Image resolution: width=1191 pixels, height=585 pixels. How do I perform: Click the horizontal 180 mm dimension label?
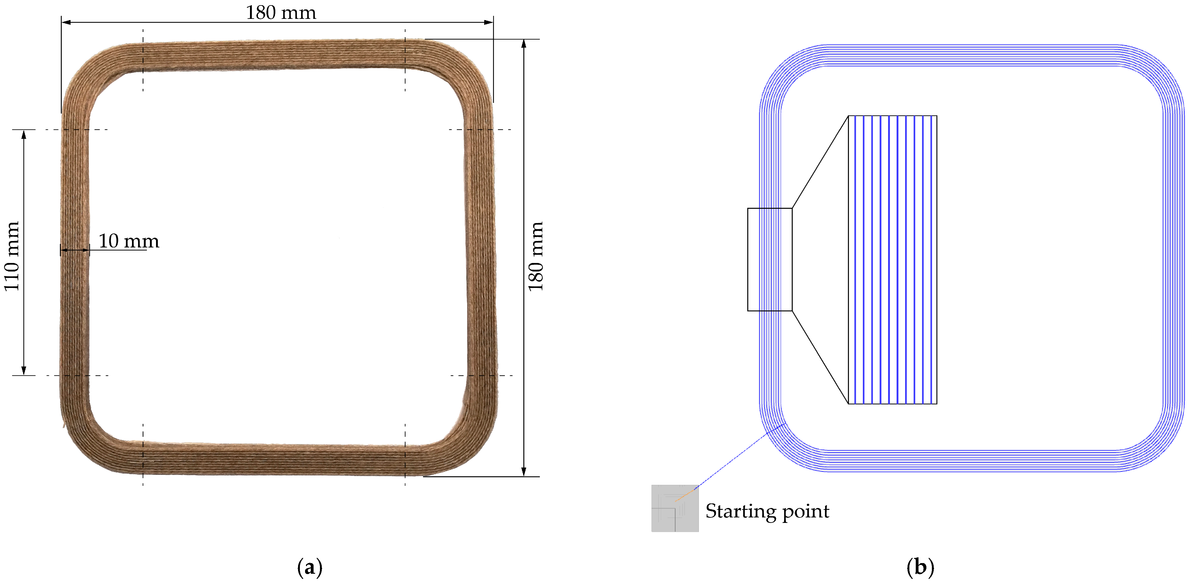pos(281,12)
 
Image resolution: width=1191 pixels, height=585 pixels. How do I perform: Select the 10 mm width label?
pos(129,241)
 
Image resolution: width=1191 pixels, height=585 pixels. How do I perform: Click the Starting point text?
pos(767,511)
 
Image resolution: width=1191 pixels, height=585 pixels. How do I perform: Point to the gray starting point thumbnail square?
pos(675,508)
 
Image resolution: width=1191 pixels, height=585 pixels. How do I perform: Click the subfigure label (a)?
pos(309,567)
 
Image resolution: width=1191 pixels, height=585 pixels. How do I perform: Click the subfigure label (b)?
pos(920,567)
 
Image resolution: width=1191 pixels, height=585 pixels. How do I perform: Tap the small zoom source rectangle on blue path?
pos(770,259)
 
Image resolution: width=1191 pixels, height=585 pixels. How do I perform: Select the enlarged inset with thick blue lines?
pos(892,260)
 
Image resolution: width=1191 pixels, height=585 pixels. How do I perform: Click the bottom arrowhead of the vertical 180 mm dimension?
pos(523,471)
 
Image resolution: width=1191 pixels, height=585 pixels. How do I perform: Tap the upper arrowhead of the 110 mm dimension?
pos(24,135)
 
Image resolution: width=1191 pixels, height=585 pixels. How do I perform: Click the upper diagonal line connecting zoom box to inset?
pos(820,162)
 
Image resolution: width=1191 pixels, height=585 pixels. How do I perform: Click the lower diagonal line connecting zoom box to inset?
pos(820,357)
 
